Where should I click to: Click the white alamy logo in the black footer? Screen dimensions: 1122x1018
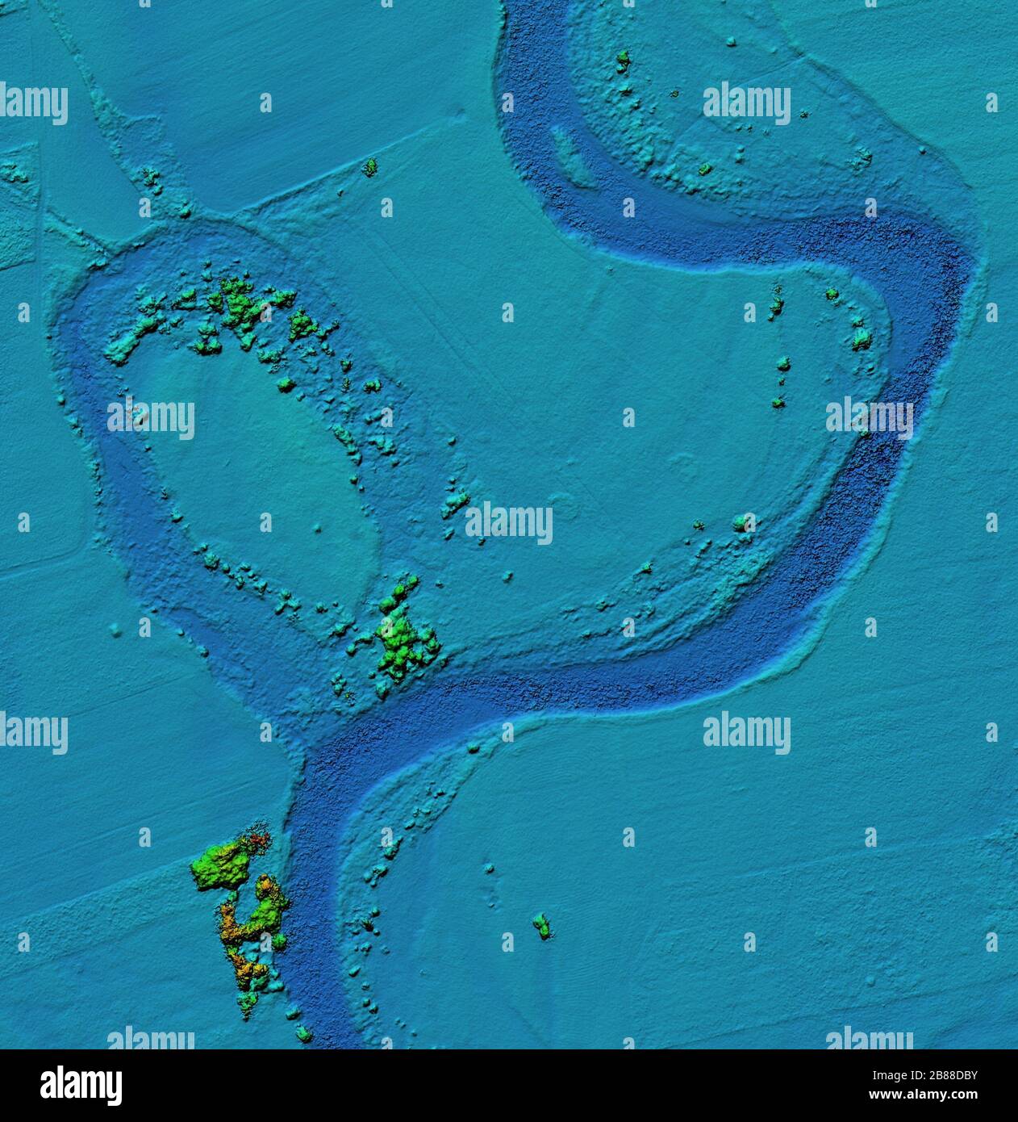click(x=81, y=1085)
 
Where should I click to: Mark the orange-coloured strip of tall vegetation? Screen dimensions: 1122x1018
click(x=234, y=936)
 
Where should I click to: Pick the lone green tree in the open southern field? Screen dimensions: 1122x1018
click(x=541, y=925)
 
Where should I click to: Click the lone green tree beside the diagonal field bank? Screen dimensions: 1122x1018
click(x=370, y=167)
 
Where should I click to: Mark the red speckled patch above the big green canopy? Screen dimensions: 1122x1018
click(x=257, y=842)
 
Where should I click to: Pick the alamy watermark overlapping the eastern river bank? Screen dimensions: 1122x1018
click(x=870, y=418)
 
